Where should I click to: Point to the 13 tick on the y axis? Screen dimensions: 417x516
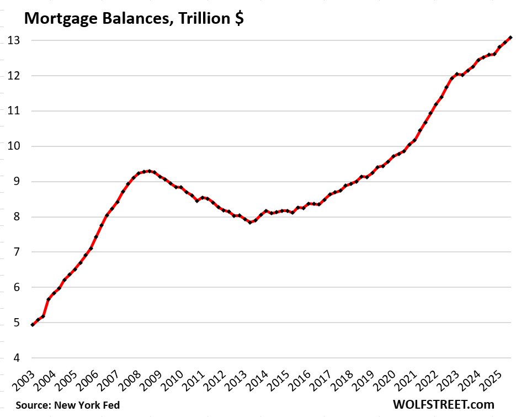13,40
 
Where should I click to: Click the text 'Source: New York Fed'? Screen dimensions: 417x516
67,405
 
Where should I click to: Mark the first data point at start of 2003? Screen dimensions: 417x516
33,325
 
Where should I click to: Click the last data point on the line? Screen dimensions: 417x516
510,38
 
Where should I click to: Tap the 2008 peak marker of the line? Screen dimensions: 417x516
149,171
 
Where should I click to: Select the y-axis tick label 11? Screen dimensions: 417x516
13,111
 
